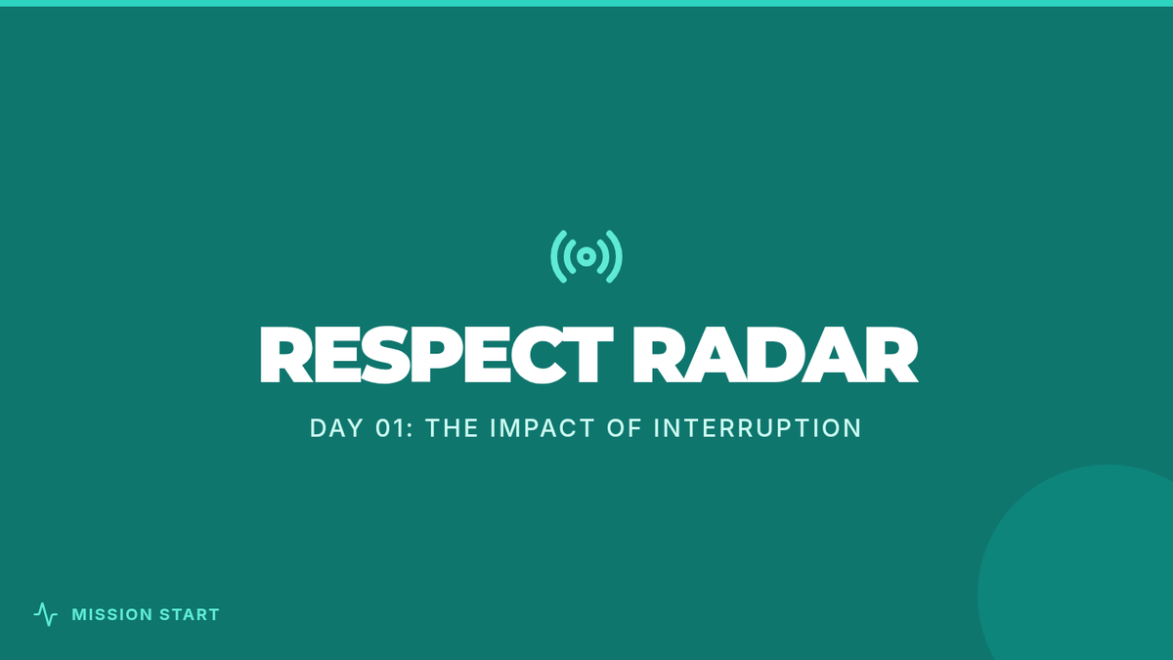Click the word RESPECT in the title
[x=436, y=355]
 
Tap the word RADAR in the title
[x=775, y=355]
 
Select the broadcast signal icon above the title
[x=586, y=256]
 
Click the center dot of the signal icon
[x=586, y=256]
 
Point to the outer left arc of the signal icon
[x=554, y=256]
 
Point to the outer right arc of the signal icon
[x=619, y=256]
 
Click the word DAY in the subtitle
[x=336, y=428]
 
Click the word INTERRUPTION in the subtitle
[x=758, y=428]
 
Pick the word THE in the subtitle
[x=452, y=428]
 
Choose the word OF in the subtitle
[x=625, y=428]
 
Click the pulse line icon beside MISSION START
[x=46, y=614]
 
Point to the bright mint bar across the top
[x=586, y=3]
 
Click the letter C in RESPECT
[x=540, y=355]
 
